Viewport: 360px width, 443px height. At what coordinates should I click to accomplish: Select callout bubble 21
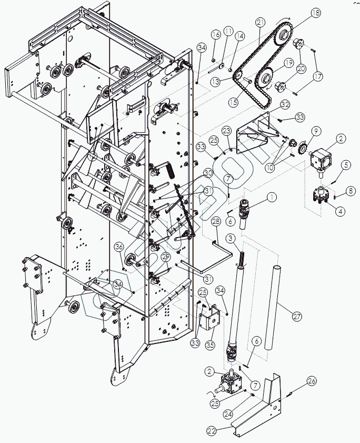pyautogui.click(x=261, y=22)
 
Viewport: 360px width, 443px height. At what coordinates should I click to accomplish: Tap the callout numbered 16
pyautogui.click(x=216, y=34)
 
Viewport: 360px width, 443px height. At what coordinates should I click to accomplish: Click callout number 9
pyautogui.click(x=316, y=130)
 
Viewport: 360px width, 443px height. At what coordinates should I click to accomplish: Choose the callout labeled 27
pyautogui.click(x=297, y=316)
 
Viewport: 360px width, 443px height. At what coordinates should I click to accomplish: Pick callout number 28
pyautogui.click(x=216, y=223)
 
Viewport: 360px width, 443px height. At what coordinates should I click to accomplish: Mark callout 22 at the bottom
pyautogui.click(x=212, y=431)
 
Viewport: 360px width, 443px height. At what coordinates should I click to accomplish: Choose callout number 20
pyautogui.click(x=301, y=68)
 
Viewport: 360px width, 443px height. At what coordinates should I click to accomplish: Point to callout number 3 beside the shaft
pyautogui.click(x=231, y=239)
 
